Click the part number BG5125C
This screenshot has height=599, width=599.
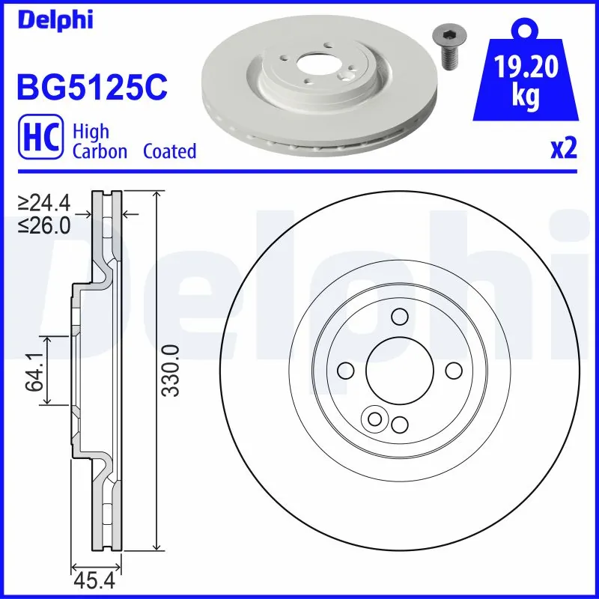click(x=91, y=88)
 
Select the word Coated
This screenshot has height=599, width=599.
click(x=169, y=151)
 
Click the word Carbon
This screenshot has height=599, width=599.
click(x=100, y=151)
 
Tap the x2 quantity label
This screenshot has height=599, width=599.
click(x=564, y=149)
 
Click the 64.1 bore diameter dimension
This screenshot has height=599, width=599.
click(x=33, y=371)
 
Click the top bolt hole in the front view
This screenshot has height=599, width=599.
click(x=399, y=316)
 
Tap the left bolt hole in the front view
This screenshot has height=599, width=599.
click(x=345, y=371)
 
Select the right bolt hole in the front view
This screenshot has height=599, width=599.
click(x=454, y=371)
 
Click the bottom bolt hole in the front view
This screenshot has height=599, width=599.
click(x=399, y=425)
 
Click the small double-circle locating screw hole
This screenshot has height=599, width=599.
click(x=373, y=419)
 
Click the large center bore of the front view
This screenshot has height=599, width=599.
click(x=399, y=371)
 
